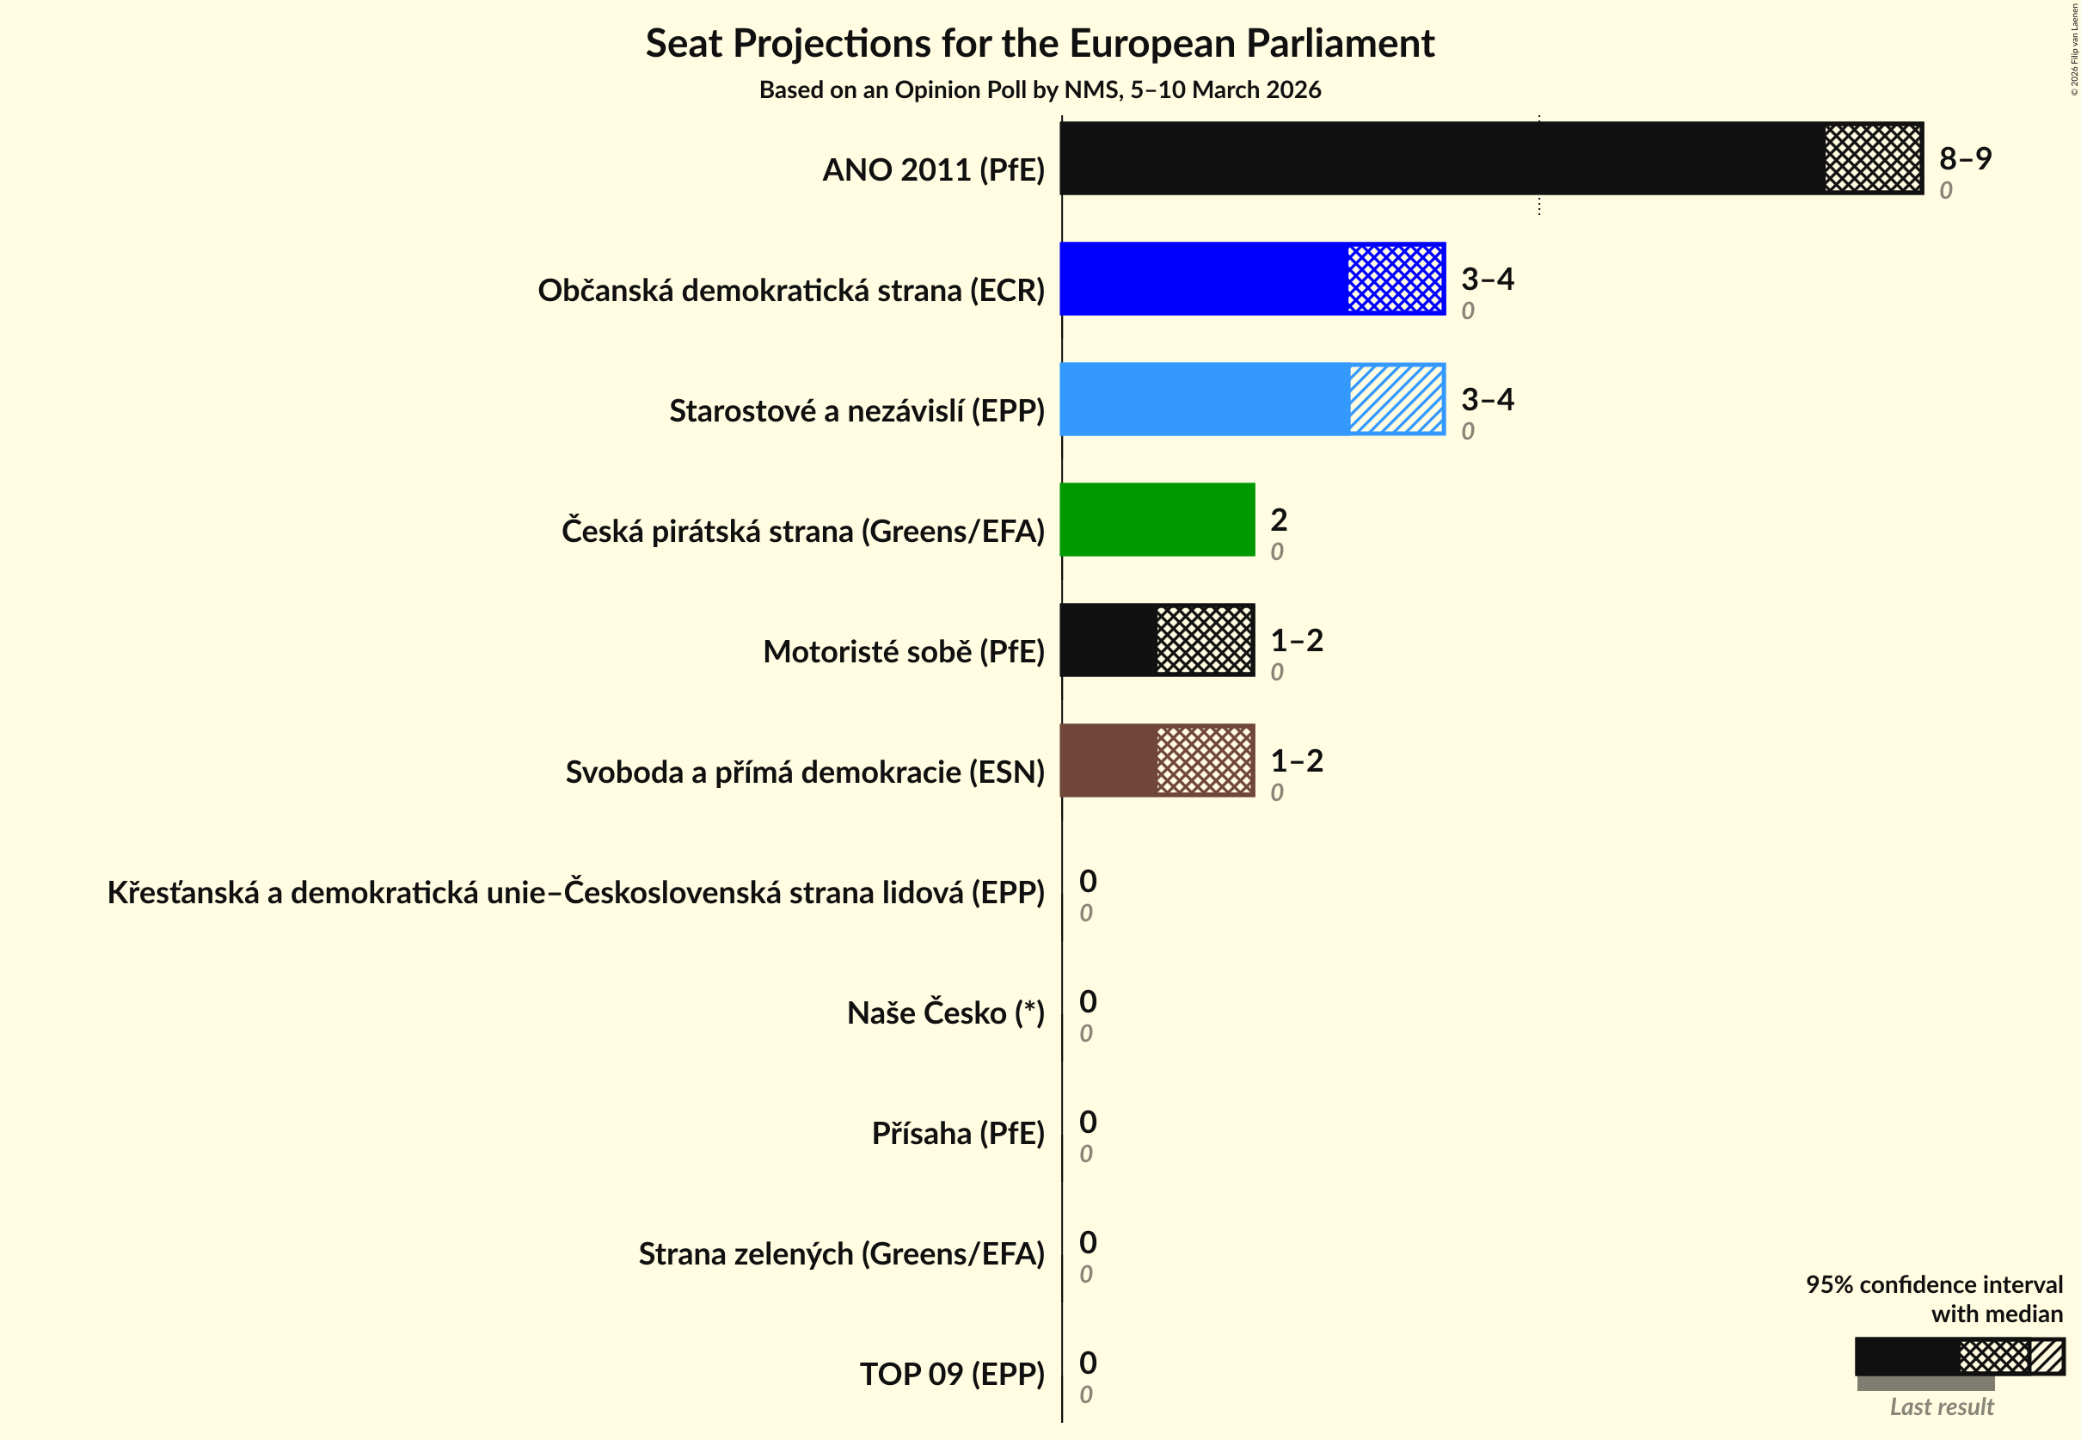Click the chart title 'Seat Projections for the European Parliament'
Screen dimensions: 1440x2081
click(1039, 43)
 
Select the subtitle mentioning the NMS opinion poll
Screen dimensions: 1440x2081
click(1039, 90)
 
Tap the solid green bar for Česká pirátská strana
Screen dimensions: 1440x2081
click(1157, 520)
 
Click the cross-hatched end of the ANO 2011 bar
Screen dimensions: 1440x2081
click(1873, 158)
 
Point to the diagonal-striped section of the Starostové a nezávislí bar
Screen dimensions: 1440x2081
click(1396, 400)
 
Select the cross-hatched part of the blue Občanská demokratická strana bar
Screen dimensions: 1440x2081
click(1395, 279)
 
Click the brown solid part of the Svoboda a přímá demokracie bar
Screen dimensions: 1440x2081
click(1108, 760)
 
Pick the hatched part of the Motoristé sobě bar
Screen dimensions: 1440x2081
click(1204, 641)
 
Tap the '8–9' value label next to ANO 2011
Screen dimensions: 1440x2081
click(1965, 159)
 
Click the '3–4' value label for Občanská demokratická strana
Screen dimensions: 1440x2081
click(1487, 279)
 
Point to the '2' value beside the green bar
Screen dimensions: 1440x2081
click(1278, 520)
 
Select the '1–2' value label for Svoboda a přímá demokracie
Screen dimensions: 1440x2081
click(1296, 760)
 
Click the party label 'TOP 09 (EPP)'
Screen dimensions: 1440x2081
click(952, 1374)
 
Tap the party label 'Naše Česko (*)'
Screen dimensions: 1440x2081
click(945, 1013)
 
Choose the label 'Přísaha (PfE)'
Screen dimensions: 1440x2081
click(957, 1133)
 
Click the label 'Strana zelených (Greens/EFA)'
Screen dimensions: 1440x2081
click(841, 1254)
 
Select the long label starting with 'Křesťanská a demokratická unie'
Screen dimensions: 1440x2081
click(575, 892)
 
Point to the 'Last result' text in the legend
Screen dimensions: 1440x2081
click(1941, 1406)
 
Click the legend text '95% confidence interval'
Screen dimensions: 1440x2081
click(1933, 1285)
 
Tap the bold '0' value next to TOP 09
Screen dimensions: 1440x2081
click(1088, 1363)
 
